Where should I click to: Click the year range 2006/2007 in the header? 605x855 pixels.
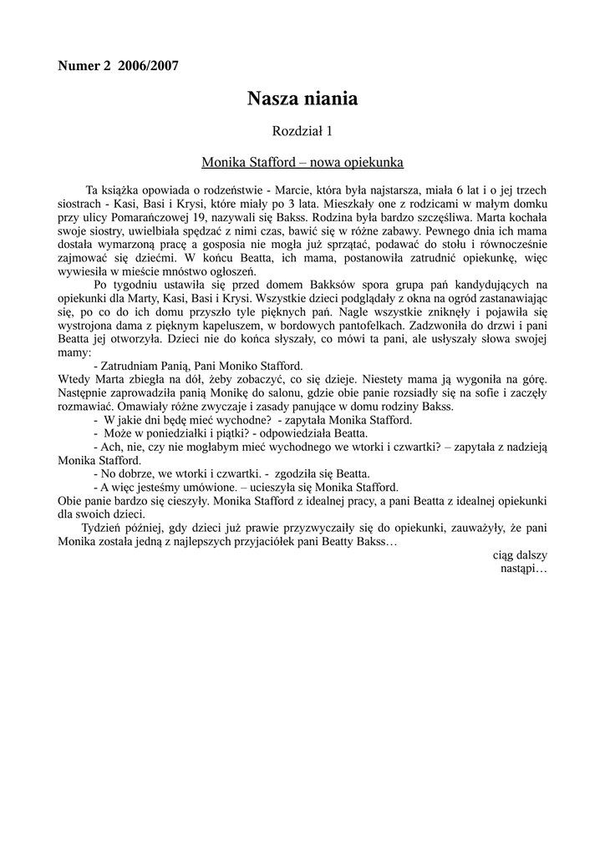point(149,66)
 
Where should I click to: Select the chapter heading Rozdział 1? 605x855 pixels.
point(302,130)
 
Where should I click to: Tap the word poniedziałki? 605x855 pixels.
point(182,433)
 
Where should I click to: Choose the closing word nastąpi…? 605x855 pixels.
point(524,568)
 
